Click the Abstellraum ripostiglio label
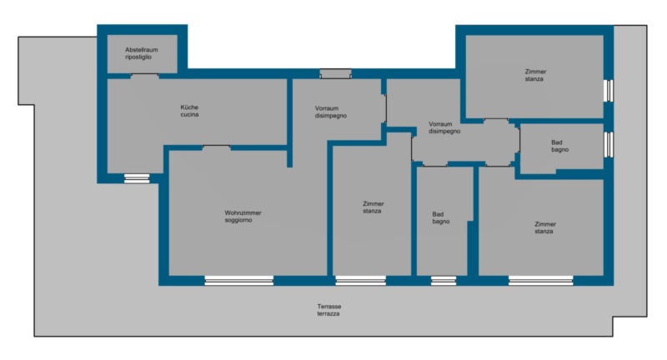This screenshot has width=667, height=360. coord(141,53)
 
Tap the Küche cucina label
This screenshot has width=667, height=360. coord(189,111)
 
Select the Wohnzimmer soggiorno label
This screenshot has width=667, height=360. coord(243,217)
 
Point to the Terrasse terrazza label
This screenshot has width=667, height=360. coord(328,310)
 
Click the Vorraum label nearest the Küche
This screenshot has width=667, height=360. coord(330,112)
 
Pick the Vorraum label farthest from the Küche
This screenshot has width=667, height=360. coord(444,127)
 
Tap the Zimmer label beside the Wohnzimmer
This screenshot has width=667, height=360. coord(373,207)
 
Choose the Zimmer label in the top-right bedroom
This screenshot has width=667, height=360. coord(535,75)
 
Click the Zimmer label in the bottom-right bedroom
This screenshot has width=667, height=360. coord(545,227)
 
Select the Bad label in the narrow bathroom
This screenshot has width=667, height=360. coord(441,217)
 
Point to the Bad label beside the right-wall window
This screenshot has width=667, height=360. coord(559,146)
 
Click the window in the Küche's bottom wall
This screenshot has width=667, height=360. coord(137,178)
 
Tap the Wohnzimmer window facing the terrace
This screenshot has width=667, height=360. coord(239,281)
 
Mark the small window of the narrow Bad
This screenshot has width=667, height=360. coord(444,281)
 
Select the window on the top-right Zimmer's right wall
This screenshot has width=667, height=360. coord(609,91)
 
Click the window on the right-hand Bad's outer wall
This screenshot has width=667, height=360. coord(609,144)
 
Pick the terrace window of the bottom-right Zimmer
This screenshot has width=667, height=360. coord(540,281)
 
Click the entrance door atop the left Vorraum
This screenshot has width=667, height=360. coord(336,74)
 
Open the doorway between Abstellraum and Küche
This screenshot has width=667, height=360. coord(144,76)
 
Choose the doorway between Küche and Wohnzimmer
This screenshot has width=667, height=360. coord(217,147)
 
